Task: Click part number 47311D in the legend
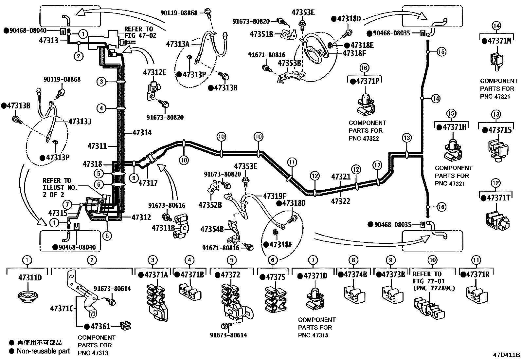[x=30, y=278]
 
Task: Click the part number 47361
[x=100, y=326]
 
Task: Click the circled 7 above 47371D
[x=313, y=260]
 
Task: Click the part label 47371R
[x=478, y=275]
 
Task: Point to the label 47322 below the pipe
[x=341, y=201]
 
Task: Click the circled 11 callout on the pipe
[x=292, y=161]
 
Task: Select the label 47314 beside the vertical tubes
[x=142, y=132]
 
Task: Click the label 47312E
[x=154, y=72]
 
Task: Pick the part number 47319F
[x=275, y=196]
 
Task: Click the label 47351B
[x=261, y=33]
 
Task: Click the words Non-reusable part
[x=43, y=351]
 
